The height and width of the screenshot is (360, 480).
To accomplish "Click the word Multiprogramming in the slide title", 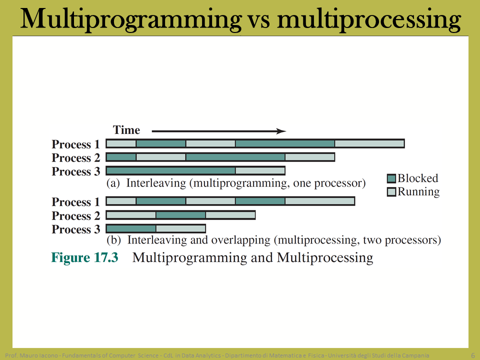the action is coord(131,19).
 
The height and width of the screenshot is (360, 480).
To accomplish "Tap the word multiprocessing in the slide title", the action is coord(368,19).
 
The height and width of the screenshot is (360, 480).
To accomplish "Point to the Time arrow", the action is coord(219,131).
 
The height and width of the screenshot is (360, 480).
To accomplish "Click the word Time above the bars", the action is coord(126,130).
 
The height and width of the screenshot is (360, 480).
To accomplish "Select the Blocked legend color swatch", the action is coord(391,178).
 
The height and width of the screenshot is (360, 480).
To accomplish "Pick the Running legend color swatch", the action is coord(391,192).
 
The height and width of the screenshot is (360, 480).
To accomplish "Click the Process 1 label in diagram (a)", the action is coord(76,144).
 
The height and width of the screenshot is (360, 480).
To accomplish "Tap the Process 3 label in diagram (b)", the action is coord(76,229).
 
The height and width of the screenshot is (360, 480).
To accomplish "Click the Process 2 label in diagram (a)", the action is coord(76,157).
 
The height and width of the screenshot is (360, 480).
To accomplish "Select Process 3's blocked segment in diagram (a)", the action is coord(171,170).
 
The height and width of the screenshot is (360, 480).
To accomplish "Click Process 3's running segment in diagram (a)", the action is coord(260,170).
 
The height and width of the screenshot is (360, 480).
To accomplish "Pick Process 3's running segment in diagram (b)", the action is coord(180,228).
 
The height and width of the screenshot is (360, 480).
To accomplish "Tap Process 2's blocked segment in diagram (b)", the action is coord(180,215).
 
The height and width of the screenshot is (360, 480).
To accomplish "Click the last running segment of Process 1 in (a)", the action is coord(369,143).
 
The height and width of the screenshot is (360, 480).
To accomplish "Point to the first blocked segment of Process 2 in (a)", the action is coord(121,157).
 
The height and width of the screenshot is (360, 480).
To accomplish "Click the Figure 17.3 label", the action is coord(84,257).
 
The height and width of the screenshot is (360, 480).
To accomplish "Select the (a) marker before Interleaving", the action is coord(113,183).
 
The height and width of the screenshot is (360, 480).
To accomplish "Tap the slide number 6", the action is coord(473,355).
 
